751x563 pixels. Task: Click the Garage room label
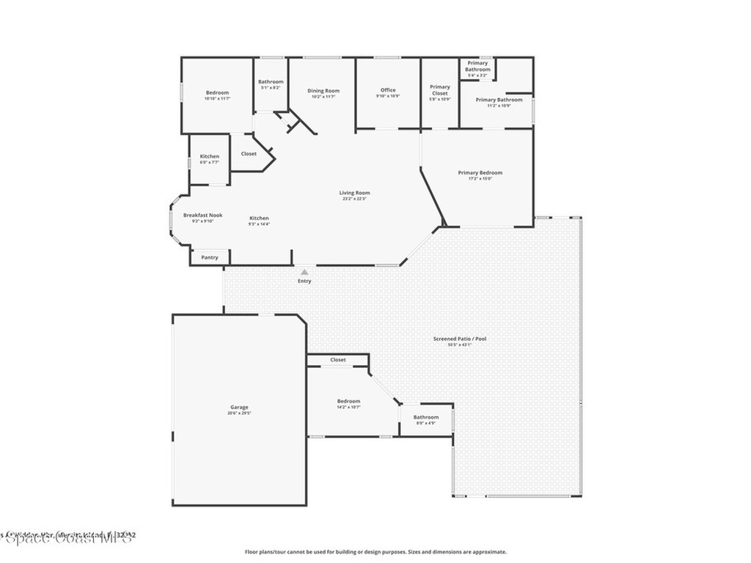click(239, 407)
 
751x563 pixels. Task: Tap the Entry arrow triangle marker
click(304, 272)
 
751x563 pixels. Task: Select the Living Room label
click(354, 193)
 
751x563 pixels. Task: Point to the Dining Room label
click(323, 91)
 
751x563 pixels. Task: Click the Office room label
click(388, 90)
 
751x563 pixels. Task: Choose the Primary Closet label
click(440, 90)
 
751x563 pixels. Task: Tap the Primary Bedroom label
click(480, 173)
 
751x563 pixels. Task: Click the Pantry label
click(210, 257)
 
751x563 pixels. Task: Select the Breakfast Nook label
click(202, 215)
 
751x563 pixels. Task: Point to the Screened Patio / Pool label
click(459, 339)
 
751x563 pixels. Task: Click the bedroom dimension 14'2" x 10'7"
click(348, 407)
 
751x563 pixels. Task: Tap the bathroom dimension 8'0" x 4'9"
click(426, 423)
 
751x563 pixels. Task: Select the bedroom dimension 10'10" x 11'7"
click(217, 98)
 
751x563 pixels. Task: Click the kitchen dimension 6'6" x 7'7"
click(209, 162)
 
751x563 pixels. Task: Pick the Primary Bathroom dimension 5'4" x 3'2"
click(477, 76)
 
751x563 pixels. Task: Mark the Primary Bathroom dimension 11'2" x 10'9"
click(499, 106)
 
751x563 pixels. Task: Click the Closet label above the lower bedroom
click(338, 360)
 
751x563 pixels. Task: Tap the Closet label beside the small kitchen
click(249, 154)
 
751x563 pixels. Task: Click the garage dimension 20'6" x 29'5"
click(239, 413)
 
